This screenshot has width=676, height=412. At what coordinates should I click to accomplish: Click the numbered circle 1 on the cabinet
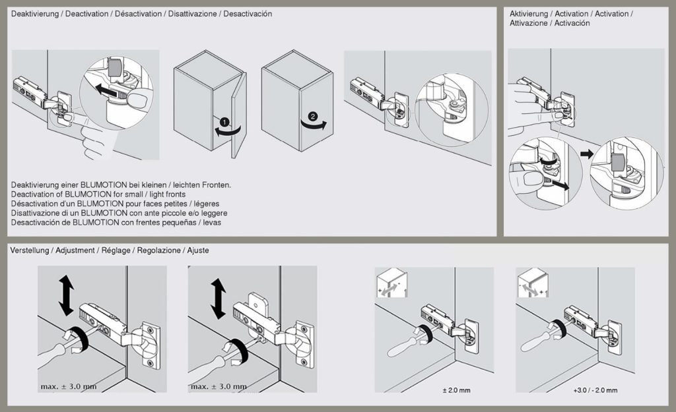click(224, 122)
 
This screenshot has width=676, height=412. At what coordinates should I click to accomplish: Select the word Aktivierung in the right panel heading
click(529, 14)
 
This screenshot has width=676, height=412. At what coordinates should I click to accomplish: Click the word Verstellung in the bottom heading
click(29, 251)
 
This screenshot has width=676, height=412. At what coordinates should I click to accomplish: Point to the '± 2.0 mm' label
click(456, 391)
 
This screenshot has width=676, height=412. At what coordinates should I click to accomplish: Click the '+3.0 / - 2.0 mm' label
click(595, 391)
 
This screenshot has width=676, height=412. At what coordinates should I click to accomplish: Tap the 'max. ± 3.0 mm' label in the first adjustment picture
click(69, 386)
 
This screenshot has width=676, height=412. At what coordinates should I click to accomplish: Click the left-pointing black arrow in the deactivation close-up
click(109, 88)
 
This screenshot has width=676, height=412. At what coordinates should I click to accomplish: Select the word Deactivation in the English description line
click(34, 194)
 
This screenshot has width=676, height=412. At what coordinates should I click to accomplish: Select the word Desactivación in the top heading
click(248, 14)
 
